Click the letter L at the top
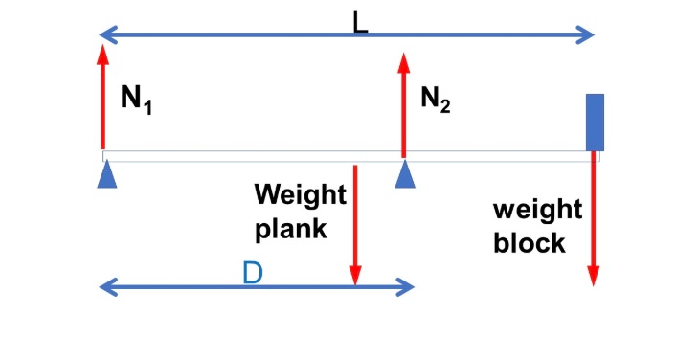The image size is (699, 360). (x=360, y=22)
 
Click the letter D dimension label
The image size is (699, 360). (x=253, y=274)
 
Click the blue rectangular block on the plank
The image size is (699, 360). (x=595, y=123)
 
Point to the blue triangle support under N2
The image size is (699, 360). (x=407, y=175)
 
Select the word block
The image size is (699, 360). (x=529, y=243)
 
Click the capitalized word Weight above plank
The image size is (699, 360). (x=300, y=195)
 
